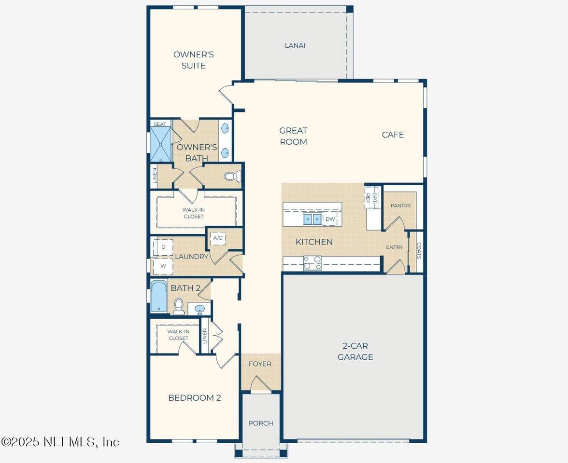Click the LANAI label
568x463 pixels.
295,45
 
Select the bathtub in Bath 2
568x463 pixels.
159,296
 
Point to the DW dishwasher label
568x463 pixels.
330,219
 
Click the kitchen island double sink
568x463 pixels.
312,219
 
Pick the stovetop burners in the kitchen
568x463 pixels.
312,263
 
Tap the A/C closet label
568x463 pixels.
218,238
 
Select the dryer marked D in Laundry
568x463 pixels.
163,247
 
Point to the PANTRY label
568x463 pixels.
401,205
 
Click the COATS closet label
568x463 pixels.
419,251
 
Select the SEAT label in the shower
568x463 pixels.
160,124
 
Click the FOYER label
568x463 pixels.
260,364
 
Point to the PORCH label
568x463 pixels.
261,423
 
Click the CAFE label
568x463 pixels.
393,135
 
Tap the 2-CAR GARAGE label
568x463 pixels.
355,352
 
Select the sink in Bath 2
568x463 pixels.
199,309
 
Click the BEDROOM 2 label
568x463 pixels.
195,398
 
